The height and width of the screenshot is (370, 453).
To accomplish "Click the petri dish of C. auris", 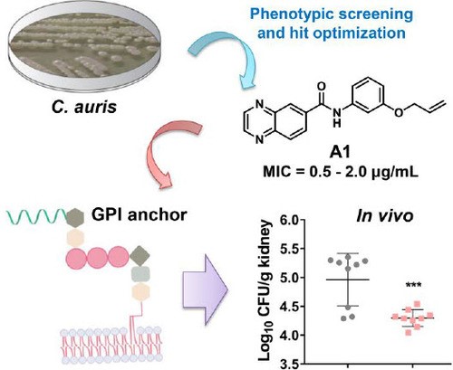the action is [x=84, y=47].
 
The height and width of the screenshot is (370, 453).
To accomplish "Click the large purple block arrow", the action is [x=206, y=289].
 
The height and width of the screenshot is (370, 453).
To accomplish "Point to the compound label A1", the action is [x=340, y=153].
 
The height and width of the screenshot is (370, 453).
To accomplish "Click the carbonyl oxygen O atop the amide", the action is [x=322, y=87].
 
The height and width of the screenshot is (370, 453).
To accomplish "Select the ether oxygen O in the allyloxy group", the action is [x=399, y=113].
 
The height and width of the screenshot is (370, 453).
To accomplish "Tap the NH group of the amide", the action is [x=337, y=117].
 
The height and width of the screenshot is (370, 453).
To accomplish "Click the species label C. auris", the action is [x=84, y=107].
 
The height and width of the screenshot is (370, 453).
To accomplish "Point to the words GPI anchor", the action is [x=140, y=215].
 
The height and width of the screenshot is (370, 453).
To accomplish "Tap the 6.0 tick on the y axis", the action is [x=290, y=220].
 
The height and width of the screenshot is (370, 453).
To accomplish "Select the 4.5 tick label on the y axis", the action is [x=290, y=307].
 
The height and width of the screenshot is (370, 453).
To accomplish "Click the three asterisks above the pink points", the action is [x=413, y=285].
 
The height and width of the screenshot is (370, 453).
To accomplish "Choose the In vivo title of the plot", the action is [x=384, y=216].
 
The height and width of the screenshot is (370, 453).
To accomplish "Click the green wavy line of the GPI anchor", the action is [x=37, y=215].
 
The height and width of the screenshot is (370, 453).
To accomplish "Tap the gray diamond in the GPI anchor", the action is [x=140, y=256].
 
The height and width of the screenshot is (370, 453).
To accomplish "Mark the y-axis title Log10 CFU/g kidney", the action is [x=265, y=290].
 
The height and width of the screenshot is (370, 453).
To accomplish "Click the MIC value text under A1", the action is [x=341, y=173].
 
